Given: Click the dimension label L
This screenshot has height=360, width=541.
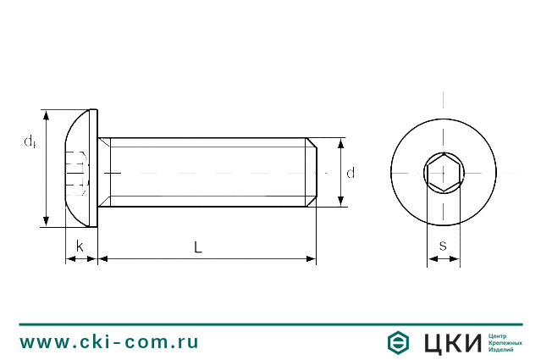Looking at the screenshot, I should click(x=197, y=247).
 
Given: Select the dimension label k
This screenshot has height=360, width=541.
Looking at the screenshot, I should click(x=80, y=246).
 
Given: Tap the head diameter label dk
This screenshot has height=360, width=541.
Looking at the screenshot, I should click(x=30, y=141).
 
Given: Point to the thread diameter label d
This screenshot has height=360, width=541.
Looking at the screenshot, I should click(x=351, y=173).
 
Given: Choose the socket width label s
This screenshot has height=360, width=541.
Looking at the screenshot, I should click(x=443, y=246).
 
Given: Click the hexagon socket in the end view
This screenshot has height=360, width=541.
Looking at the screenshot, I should click(x=443, y=172).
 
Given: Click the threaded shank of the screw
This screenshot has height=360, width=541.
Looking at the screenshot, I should click(x=203, y=172).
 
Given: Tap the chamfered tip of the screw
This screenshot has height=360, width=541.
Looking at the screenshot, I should click(x=312, y=172).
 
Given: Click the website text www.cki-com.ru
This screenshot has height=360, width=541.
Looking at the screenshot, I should click(x=109, y=342).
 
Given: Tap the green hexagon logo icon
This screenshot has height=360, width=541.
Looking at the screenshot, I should click(x=398, y=342).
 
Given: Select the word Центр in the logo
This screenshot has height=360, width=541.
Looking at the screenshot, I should click(x=500, y=335).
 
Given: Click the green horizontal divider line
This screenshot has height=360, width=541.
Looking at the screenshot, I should click(x=270, y=324).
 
